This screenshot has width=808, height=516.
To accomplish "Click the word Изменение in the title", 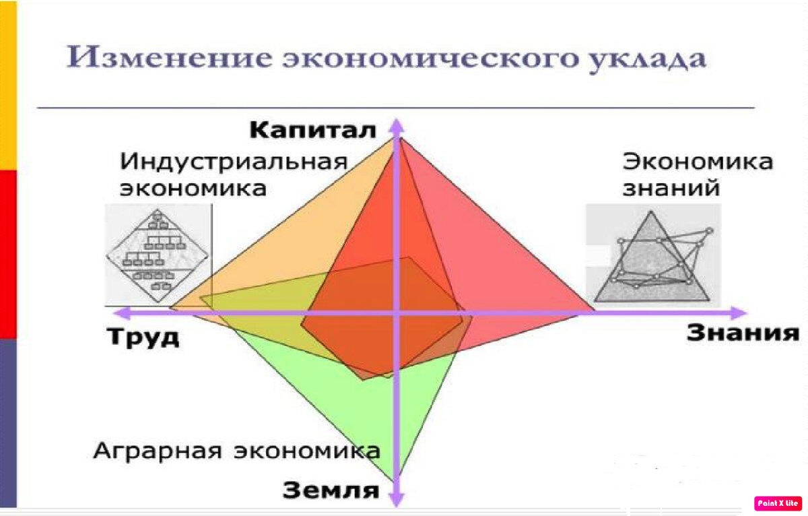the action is tap(169, 57).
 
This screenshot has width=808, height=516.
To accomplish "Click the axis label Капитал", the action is tap(312, 130).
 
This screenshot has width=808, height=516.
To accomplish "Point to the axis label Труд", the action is tap(143, 337).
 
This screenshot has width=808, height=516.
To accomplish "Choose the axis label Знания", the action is tap(743, 333).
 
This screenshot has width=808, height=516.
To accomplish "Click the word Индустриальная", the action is tap(234, 162).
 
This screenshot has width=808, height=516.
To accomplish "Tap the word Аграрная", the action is tap(158, 451).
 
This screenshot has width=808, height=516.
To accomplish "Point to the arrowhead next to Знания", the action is tap(739, 313).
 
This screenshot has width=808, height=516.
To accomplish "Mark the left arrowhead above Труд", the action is tap(122, 313).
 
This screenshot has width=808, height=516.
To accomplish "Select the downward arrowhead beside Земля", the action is tap(397, 500).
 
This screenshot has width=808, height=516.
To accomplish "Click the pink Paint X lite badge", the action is tap(778, 503).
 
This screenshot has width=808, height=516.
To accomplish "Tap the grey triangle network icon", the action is tap(653, 255).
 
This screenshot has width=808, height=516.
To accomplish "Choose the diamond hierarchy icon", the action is tap(158, 255).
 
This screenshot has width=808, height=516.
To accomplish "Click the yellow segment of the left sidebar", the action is tap(8, 85).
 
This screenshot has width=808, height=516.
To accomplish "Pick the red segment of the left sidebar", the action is tap(8, 255).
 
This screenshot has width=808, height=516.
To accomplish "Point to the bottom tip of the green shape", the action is tap(393, 482).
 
